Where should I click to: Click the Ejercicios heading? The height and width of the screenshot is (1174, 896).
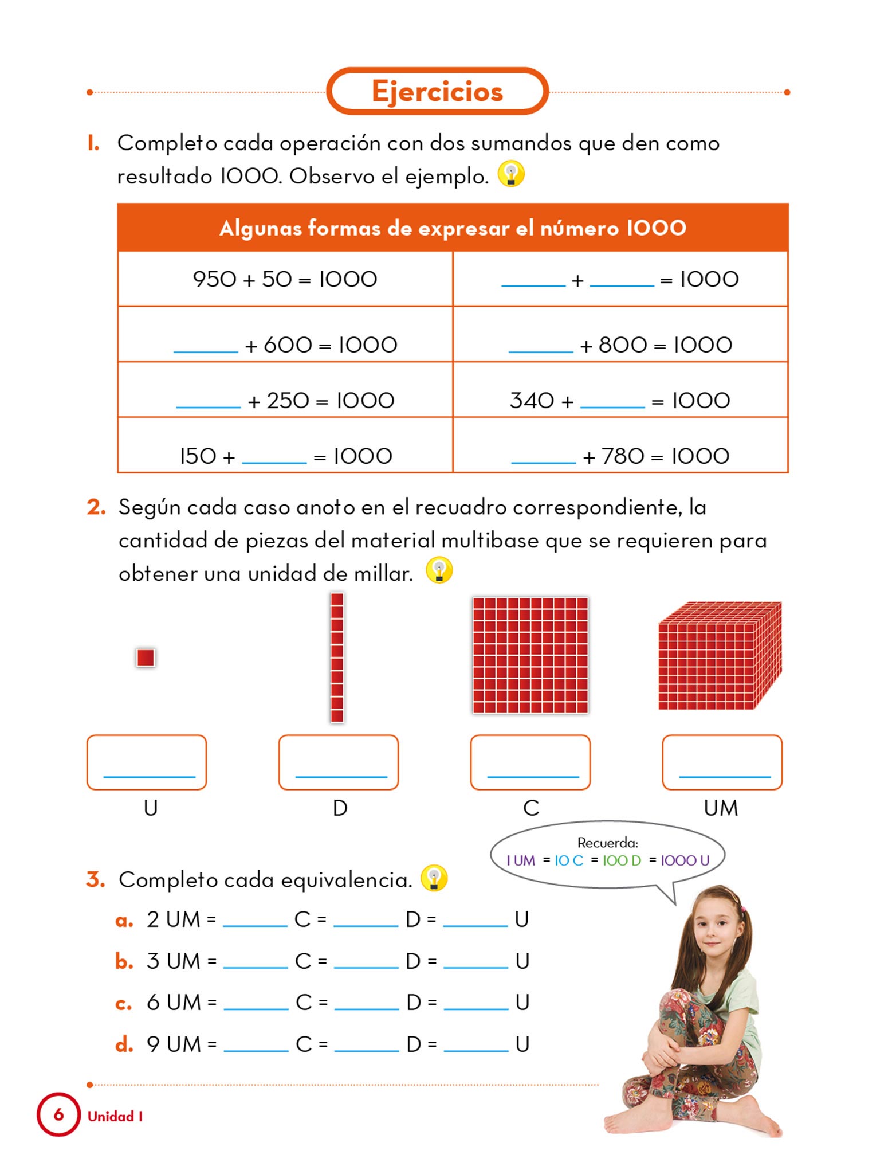437,92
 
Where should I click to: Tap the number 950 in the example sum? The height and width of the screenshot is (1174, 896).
214,279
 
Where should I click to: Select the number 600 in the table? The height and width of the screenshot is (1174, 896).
288,345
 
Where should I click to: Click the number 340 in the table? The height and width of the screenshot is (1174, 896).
532,400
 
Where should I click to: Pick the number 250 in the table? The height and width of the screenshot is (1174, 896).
288,400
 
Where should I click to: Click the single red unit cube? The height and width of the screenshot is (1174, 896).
146,658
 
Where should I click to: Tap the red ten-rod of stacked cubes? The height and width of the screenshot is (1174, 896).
337,658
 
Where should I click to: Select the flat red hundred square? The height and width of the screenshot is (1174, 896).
530,655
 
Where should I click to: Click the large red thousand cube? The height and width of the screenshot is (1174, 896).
720,656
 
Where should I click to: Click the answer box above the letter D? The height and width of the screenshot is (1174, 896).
339,762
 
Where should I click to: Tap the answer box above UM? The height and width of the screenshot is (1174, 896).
722,762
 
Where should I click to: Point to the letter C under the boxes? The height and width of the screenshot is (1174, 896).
531,808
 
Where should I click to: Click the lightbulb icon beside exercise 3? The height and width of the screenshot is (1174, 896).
434,878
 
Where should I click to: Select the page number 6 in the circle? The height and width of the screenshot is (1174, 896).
58,1114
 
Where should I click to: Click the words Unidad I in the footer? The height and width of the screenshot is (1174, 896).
115,1116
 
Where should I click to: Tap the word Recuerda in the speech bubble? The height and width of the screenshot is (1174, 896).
607,843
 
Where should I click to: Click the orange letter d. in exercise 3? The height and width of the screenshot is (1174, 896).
124,1044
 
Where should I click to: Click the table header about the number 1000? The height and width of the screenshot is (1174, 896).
453,228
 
